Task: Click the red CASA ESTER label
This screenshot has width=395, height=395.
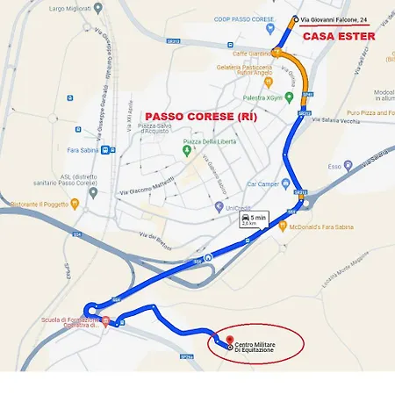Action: pyautogui.click(x=339, y=37)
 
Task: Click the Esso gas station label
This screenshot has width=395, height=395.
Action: pyautogui.click(x=334, y=166)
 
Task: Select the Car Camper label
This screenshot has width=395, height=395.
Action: pyautogui.click(x=263, y=184)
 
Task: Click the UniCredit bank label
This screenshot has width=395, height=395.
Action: pyautogui.click(x=238, y=208)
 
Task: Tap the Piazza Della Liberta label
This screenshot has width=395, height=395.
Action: pyautogui.click(x=212, y=142)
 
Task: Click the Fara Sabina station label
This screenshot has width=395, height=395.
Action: pyautogui.click(x=85, y=150)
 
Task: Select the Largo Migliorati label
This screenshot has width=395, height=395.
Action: pyautogui.click(x=69, y=9)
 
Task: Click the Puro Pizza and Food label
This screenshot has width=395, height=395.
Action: pyautogui.click(x=370, y=113)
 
